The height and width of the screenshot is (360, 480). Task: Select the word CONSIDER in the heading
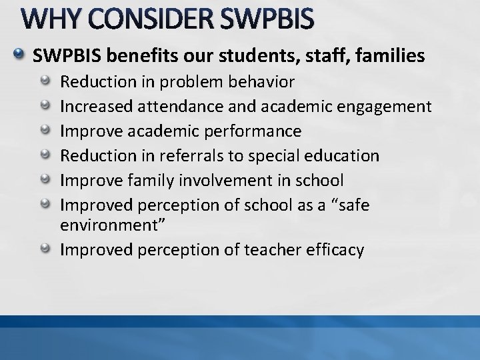pyautogui.click(x=145, y=21)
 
